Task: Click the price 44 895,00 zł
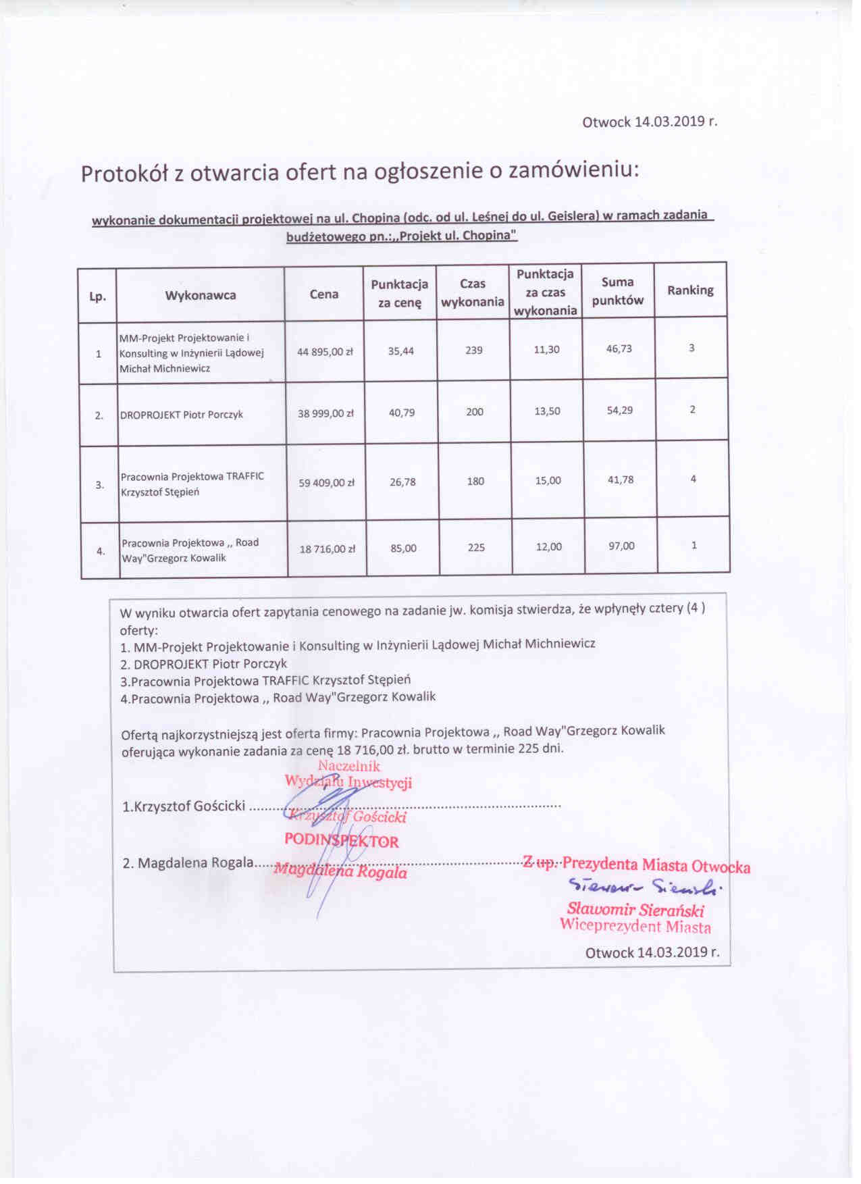point(325,352)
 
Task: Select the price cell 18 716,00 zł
point(327,550)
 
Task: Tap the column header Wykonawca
point(201,295)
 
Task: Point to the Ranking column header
point(690,290)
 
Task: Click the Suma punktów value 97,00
point(621,546)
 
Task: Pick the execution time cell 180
point(475,482)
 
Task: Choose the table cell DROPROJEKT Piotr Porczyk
point(182,415)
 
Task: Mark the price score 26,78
point(402,482)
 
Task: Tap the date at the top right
point(650,122)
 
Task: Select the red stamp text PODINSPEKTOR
point(342,841)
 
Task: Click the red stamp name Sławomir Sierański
point(635,909)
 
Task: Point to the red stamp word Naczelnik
point(349,766)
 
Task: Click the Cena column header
point(324,294)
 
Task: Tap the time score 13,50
point(547,411)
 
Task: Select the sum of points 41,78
point(620,480)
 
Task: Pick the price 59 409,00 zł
point(326,483)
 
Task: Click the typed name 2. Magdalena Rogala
point(188,863)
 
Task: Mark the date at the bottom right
point(652,952)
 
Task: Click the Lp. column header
point(98,297)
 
